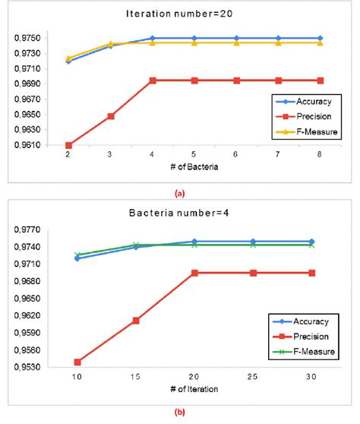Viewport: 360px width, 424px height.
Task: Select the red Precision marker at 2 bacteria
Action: click(69, 145)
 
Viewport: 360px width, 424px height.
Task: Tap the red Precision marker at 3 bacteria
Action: click(111, 116)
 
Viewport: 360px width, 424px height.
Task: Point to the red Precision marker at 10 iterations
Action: click(77, 362)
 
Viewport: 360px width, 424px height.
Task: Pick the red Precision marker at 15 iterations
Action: click(136, 321)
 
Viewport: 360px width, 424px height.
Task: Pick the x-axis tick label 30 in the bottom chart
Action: click(311, 377)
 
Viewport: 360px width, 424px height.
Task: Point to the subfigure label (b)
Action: click(179, 414)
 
